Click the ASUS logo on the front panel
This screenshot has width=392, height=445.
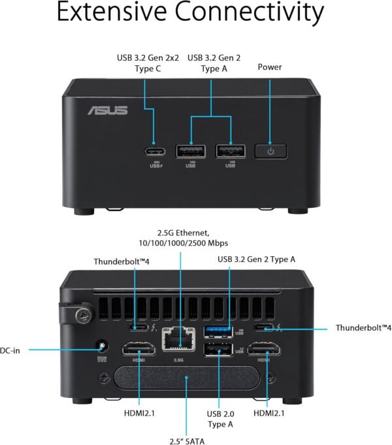[108, 109]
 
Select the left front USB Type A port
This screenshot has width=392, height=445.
[190, 150]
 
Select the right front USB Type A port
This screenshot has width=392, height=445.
[230, 150]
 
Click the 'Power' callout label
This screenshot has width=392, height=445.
[270, 67]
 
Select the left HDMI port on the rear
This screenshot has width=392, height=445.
[138, 349]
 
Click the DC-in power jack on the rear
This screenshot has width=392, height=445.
[101, 347]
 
